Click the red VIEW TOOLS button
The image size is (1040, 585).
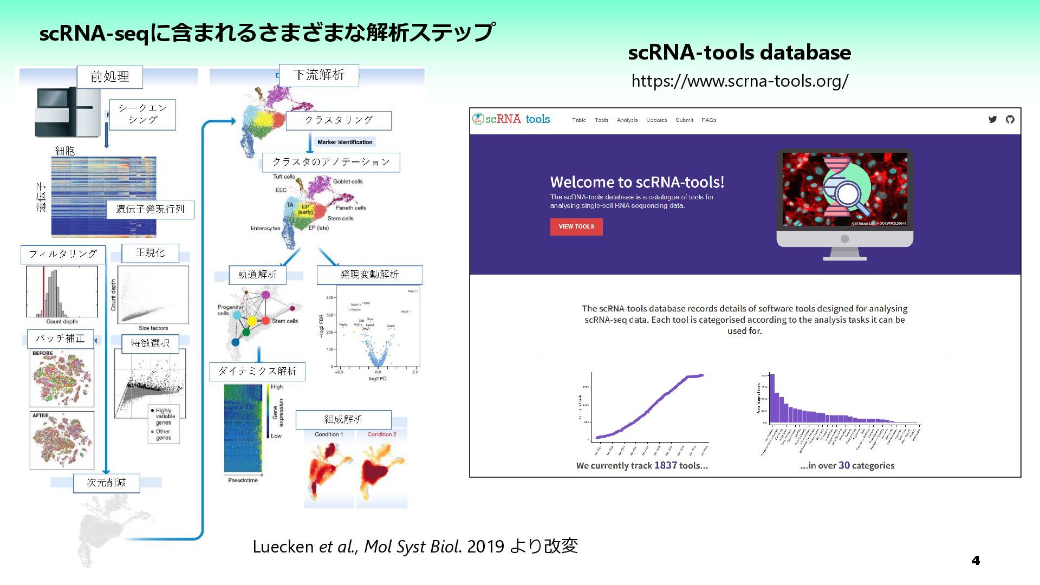coord(576,226)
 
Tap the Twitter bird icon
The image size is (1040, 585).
coord(992,120)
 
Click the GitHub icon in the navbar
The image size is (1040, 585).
coord(1010,120)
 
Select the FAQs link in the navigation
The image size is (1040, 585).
coord(708,120)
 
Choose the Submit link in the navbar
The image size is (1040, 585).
coord(684,120)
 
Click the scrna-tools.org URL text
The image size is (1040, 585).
coord(739,81)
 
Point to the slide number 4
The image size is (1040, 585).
coord(976,561)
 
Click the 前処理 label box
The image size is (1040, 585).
coord(110,77)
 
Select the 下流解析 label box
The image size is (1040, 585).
coord(318,75)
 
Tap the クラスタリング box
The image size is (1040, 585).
coord(339,120)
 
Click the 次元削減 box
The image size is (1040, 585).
coord(107,483)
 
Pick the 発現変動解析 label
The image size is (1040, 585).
coord(369,275)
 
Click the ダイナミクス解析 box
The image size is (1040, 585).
coord(257,372)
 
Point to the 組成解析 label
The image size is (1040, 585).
coord(343,419)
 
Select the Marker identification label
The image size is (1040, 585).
coord(345,142)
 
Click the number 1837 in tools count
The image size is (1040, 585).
coord(665,465)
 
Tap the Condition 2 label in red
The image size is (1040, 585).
coord(382,434)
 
